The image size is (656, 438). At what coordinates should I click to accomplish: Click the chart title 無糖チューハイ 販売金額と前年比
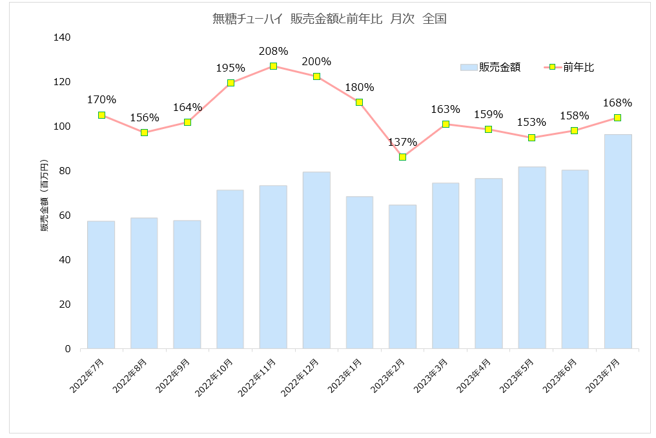[329, 19]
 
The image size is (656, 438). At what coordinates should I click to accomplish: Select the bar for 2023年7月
[617, 241]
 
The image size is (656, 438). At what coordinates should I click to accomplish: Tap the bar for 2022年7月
[101, 284]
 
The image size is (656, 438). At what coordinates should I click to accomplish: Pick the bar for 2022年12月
[316, 260]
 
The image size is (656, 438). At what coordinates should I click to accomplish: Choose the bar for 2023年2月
[402, 277]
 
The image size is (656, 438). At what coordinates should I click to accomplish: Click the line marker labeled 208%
[273, 66]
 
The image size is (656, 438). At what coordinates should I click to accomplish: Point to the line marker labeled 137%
[402, 157]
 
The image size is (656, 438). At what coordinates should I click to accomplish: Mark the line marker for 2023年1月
[359, 102]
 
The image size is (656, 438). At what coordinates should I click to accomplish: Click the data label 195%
[231, 68]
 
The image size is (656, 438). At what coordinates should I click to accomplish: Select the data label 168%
[617, 103]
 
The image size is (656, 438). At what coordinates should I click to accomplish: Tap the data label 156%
[144, 117]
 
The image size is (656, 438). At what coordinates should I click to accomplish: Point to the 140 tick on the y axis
[62, 37]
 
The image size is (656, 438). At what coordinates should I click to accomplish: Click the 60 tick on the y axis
[65, 215]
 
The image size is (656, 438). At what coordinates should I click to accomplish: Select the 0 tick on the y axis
[67, 349]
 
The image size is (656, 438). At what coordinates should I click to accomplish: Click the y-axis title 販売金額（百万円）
[45, 194]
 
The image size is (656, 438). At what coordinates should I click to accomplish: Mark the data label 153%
[531, 122]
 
